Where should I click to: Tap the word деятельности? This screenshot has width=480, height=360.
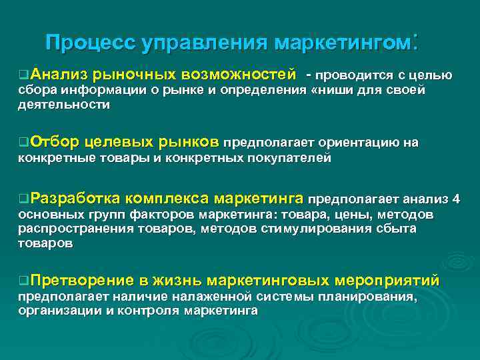(x=64, y=105)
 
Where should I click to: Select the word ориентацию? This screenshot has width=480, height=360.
(x=361, y=143)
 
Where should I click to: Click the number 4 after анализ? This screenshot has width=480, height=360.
(x=456, y=199)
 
